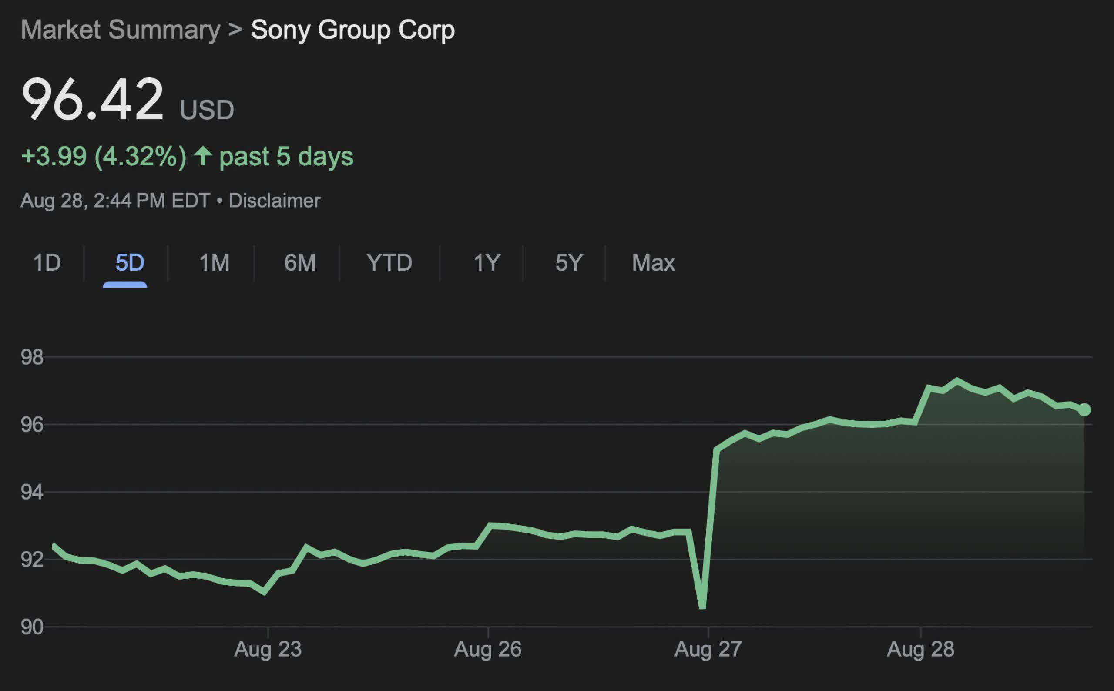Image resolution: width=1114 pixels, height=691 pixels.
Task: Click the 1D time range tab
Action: point(47,263)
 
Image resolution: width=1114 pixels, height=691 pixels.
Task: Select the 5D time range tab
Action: point(130,263)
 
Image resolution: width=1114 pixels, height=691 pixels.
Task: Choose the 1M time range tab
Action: point(214,263)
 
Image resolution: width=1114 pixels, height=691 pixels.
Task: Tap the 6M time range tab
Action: point(300,263)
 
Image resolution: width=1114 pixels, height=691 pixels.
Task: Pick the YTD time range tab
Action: point(389,263)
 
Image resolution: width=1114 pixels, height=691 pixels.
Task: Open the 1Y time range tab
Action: point(487,263)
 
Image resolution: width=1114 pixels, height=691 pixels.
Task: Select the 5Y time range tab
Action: point(569,263)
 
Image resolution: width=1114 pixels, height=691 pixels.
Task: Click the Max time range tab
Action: point(654,263)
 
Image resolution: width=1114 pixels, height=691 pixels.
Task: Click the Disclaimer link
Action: point(274,201)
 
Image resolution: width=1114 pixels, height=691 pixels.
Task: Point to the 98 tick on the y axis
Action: point(32,357)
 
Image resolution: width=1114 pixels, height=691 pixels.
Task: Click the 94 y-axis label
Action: point(32,492)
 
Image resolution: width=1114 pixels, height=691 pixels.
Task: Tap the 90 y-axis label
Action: point(32,627)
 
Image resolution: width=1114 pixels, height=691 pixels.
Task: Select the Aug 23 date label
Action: point(268,649)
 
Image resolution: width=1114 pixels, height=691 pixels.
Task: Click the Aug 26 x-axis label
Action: point(487,649)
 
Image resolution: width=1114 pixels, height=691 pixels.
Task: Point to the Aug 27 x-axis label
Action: point(708,649)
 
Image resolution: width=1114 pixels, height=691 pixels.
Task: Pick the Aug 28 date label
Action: point(920,649)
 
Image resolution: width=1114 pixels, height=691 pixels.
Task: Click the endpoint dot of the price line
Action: point(1084,409)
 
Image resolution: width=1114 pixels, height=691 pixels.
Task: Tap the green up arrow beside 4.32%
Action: point(203,156)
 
